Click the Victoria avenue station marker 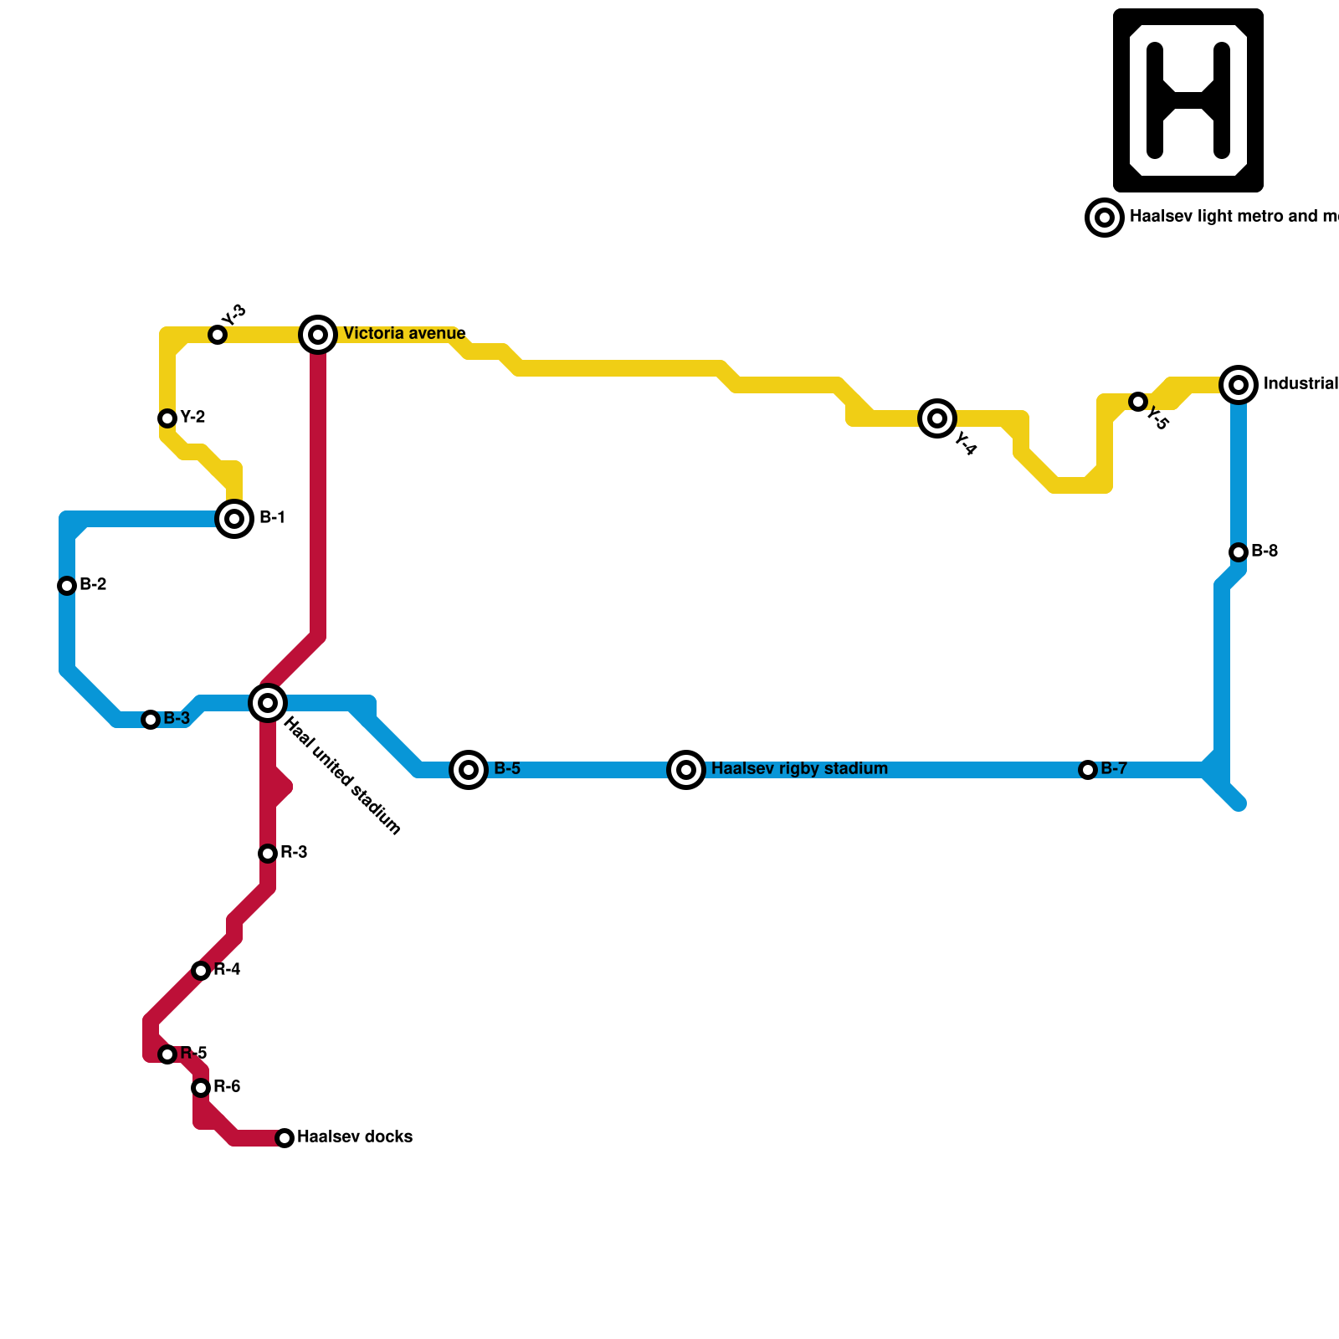pyautogui.click(x=318, y=335)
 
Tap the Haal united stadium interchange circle pyautogui.click(x=268, y=702)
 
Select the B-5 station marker pyautogui.click(x=469, y=769)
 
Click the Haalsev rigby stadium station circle pyautogui.click(x=686, y=769)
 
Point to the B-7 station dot pyautogui.click(x=1087, y=769)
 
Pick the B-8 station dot pyautogui.click(x=1239, y=552)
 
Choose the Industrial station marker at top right pyautogui.click(x=1239, y=385)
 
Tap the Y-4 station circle pyautogui.click(x=937, y=418)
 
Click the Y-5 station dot pyautogui.click(x=1137, y=402)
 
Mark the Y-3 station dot pyautogui.click(x=218, y=335)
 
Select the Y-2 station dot pyautogui.click(x=167, y=418)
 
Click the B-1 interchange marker pyautogui.click(x=234, y=519)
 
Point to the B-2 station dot pyautogui.click(x=67, y=585)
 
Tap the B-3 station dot pyautogui.click(x=151, y=719)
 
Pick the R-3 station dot pyautogui.click(x=268, y=853)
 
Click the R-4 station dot pyautogui.click(x=201, y=970)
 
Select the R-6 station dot pyautogui.click(x=201, y=1087)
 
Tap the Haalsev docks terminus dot pyautogui.click(x=285, y=1137)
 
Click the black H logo pyautogui.click(x=1188, y=100)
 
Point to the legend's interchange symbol pyautogui.click(x=1104, y=218)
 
